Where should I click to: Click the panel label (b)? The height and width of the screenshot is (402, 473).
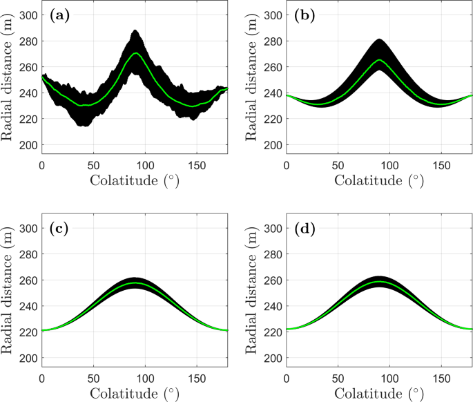(x=298, y=15)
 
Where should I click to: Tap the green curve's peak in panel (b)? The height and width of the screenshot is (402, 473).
(x=379, y=60)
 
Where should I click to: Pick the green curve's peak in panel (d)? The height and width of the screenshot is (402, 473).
(x=379, y=283)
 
